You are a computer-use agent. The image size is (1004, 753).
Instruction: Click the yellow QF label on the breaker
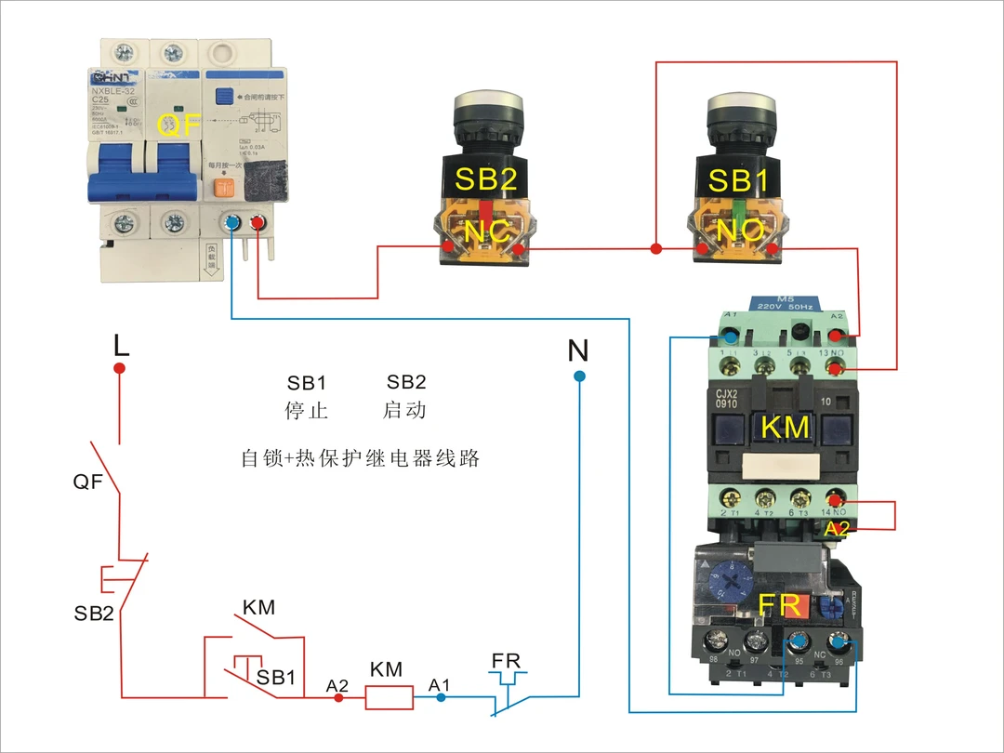pos(179,125)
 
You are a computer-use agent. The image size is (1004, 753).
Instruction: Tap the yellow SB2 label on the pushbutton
pos(485,178)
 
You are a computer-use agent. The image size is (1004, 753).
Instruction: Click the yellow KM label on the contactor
pos(786,428)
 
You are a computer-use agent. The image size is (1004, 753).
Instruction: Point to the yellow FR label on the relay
pos(780,605)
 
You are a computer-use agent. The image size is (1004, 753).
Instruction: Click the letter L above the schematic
pos(120,346)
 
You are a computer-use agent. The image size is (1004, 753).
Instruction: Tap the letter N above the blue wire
pos(578,351)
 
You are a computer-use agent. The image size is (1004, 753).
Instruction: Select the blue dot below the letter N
pos(579,376)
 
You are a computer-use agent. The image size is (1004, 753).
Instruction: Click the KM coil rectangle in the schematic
pos(389,697)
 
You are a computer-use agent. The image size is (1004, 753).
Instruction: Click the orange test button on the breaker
pos(222,186)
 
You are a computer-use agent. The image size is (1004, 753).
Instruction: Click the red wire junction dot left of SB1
pos(656,249)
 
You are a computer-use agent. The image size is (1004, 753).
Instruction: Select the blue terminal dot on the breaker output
pos(232,223)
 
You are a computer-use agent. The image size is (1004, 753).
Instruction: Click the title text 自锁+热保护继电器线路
pos(360,458)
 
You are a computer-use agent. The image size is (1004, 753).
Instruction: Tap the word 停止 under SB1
pos(307,410)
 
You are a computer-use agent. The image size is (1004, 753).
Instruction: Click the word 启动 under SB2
pos(405,410)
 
